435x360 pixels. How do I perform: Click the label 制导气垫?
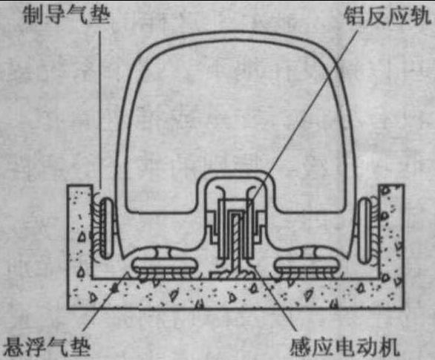click(66, 15)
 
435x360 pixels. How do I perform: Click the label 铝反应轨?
click(387, 16)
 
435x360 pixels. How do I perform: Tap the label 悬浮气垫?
click(48, 347)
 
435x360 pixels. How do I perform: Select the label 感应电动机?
click(344, 347)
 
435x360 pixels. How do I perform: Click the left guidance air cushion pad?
click(107, 228)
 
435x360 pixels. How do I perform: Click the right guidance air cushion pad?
click(365, 231)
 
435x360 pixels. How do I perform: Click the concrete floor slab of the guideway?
click(235, 294)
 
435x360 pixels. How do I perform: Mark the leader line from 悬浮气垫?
click(106, 301)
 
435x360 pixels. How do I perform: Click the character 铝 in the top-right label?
click(354, 16)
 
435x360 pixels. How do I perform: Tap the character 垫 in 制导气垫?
click(100, 15)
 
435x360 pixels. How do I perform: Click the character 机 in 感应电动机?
click(389, 347)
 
